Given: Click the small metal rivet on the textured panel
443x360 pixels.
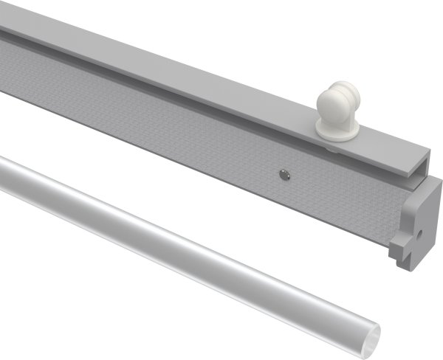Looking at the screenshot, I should click(x=284, y=175).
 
